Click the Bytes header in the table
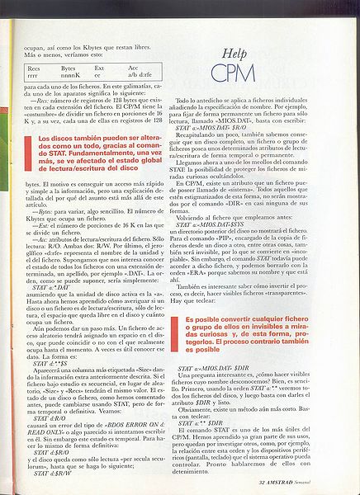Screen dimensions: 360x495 pyautogui.click(x=68, y=68)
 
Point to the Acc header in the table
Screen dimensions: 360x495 pyautogui.click(x=133, y=68)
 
